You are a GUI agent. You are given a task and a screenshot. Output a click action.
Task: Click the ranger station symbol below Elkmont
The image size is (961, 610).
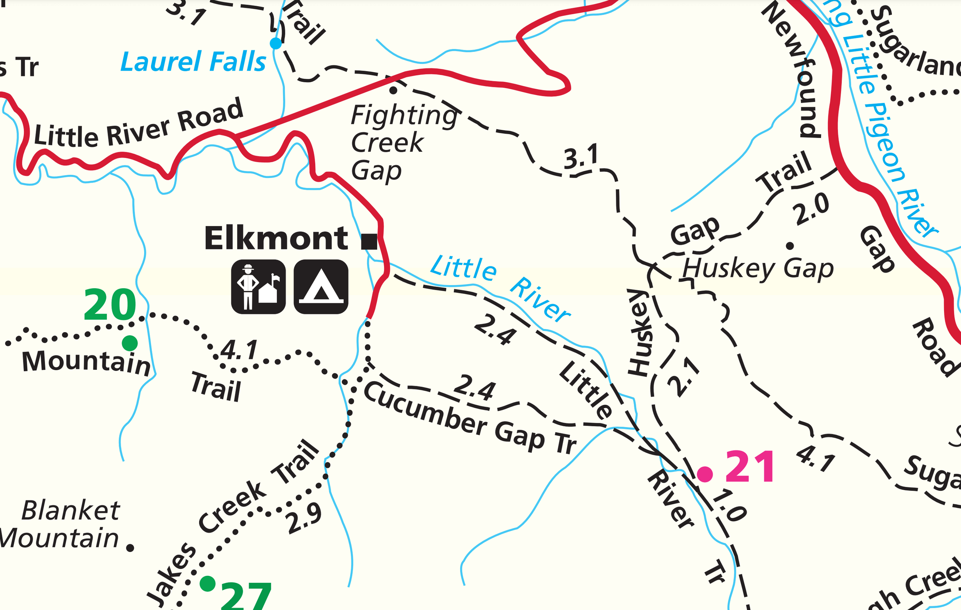pyautogui.click(x=258, y=286)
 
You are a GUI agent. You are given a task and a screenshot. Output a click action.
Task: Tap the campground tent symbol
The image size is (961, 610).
pyautogui.click(x=321, y=286)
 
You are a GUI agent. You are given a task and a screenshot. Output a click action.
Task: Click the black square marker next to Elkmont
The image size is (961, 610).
pyautogui.click(x=369, y=241)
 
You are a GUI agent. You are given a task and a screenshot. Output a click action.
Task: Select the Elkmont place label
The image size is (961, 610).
pyautogui.click(x=276, y=238)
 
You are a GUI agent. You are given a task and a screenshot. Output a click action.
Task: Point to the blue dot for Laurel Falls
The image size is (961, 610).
pyautogui.click(x=275, y=43)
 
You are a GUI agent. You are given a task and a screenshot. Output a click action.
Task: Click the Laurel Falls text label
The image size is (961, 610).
pyautogui.click(x=193, y=62)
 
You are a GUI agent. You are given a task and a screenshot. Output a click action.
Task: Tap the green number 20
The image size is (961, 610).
pyautogui.click(x=110, y=305)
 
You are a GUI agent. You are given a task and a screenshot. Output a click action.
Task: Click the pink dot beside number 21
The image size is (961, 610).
pyautogui.click(x=705, y=474)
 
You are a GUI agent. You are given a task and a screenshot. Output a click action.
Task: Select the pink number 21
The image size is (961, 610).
pyautogui.click(x=750, y=466)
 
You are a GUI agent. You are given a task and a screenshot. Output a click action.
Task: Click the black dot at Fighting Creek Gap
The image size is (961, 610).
pyautogui.click(x=393, y=90)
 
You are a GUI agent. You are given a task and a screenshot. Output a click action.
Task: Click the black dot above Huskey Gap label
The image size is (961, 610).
pyautogui.click(x=790, y=246)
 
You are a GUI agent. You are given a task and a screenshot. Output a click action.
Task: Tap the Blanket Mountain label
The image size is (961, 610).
pyautogui.click(x=60, y=524)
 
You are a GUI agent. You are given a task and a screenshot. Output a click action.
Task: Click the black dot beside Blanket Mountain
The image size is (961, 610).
pyautogui.click(x=130, y=548)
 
